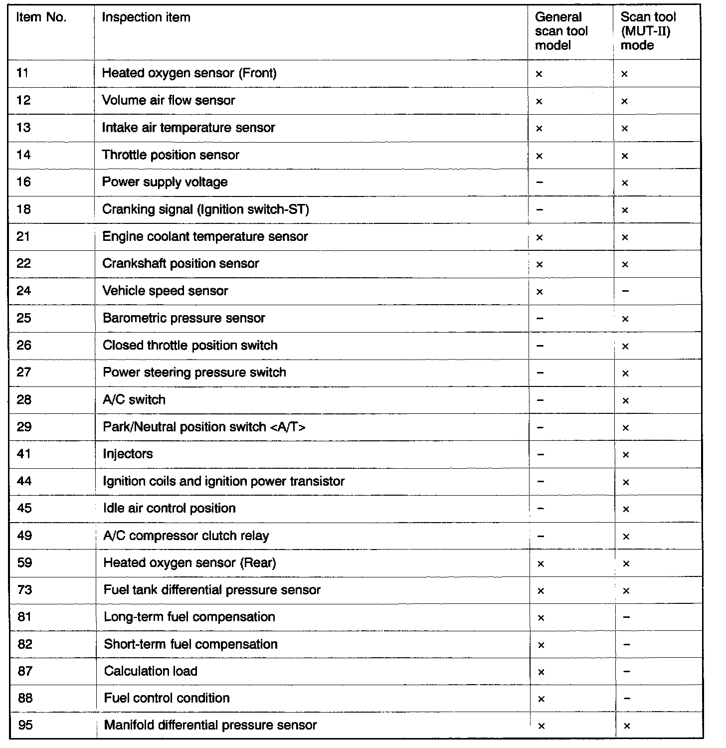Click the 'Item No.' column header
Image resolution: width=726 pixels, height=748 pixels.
click(41, 17)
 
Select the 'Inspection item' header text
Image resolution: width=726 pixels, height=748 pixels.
click(146, 17)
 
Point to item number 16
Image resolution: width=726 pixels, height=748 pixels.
click(23, 182)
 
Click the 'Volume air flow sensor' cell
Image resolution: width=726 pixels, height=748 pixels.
click(169, 100)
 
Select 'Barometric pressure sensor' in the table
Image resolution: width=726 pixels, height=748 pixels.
click(183, 318)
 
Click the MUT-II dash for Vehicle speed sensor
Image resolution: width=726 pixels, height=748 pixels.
click(626, 291)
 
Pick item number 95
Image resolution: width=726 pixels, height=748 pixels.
click(25, 725)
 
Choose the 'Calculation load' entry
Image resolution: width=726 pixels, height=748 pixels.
click(151, 671)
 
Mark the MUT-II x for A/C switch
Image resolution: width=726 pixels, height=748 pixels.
click(625, 400)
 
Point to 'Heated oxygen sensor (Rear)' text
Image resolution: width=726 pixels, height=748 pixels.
click(189, 563)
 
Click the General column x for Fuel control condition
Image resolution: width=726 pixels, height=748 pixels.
click(541, 699)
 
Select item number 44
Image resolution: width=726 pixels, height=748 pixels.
click(24, 481)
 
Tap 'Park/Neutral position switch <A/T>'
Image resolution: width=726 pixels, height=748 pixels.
click(204, 427)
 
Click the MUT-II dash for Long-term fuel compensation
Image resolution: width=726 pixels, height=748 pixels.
click(627, 617)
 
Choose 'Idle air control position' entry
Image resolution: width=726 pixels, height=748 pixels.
click(169, 509)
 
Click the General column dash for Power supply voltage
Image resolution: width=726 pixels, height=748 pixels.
click(540, 183)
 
